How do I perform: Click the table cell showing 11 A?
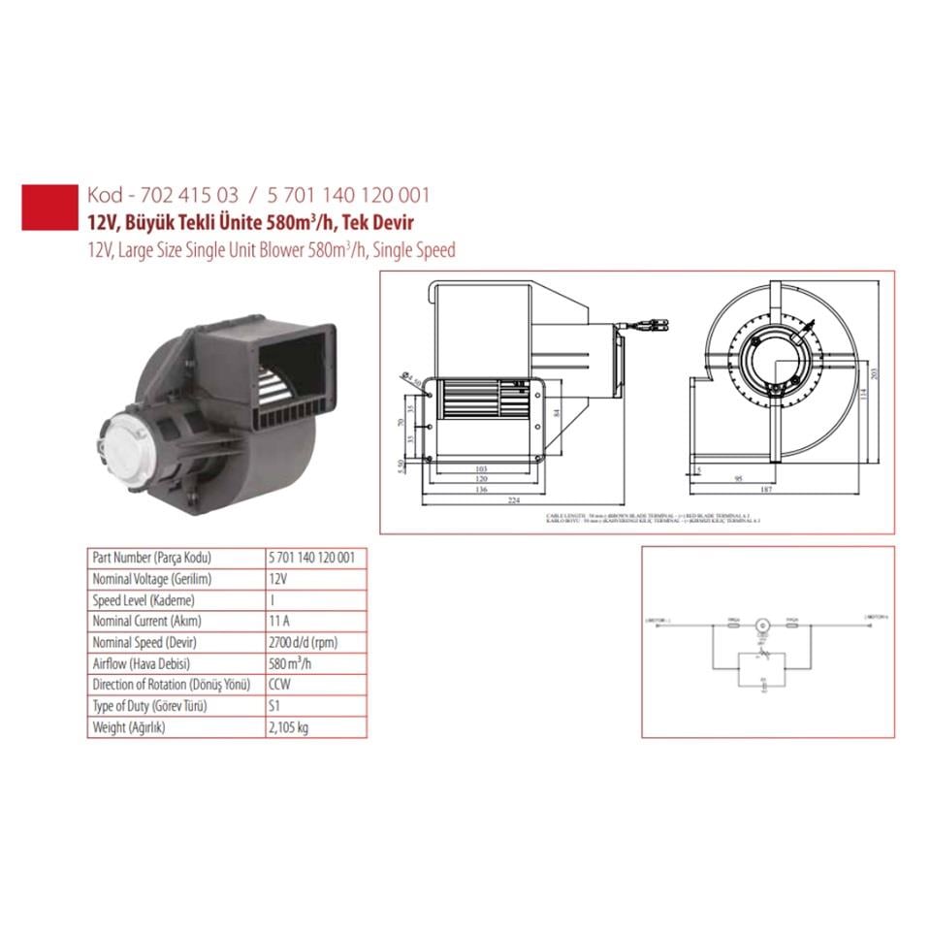click(277, 621)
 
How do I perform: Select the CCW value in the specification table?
click(279, 685)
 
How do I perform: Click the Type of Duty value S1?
click(273, 706)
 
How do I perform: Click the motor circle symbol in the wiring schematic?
click(761, 623)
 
